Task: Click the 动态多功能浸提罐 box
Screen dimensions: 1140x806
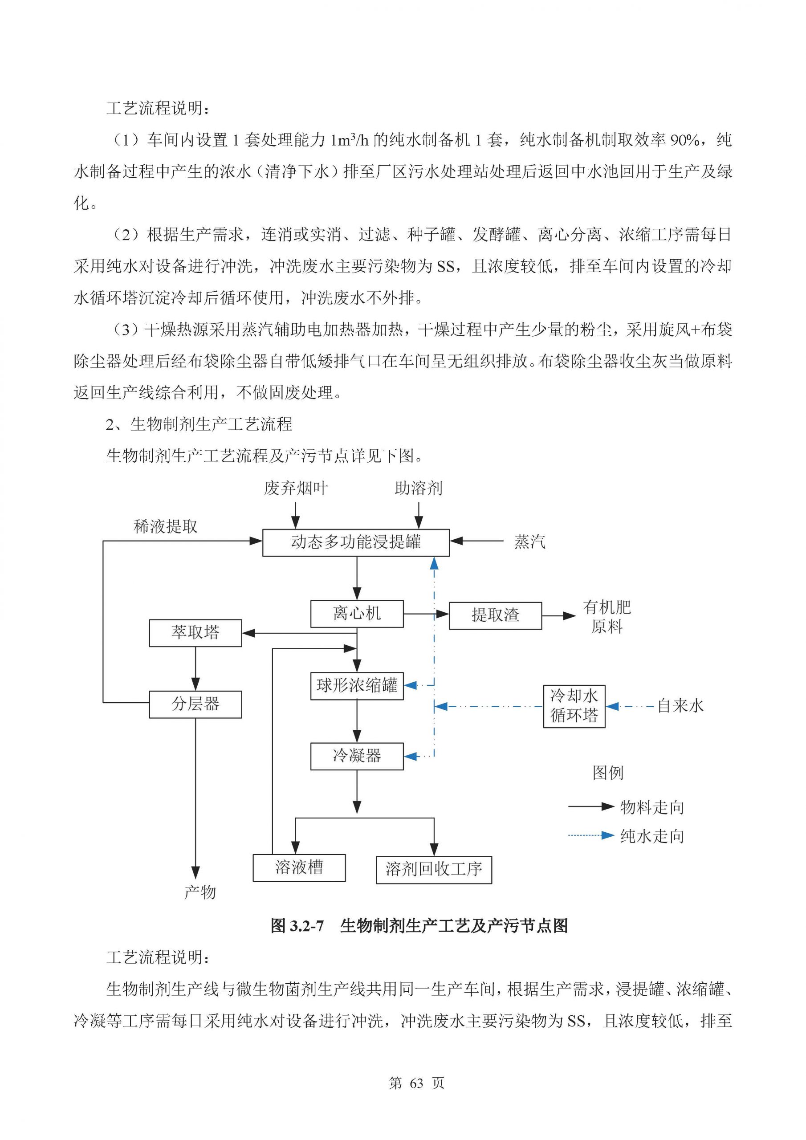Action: point(355,542)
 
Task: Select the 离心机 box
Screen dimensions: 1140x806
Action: point(357,614)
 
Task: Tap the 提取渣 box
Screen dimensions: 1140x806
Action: point(495,616)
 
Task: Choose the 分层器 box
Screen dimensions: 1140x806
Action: point(195,704)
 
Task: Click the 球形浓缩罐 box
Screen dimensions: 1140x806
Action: point(357,686)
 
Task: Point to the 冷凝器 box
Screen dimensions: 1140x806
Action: point(357,756)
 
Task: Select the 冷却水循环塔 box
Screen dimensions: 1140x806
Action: point(574,706)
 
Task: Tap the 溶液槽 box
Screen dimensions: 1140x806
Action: point(299,867)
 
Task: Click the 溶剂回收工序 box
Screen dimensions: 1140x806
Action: point(434,869)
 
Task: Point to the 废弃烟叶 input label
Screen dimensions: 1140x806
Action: point(296,489)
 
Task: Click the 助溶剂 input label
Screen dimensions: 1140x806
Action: point(418,489)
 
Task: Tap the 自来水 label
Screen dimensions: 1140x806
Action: point(680,706)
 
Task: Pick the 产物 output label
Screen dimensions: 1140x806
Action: point(199,892)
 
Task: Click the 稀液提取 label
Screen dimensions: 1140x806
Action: point(165,527)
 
